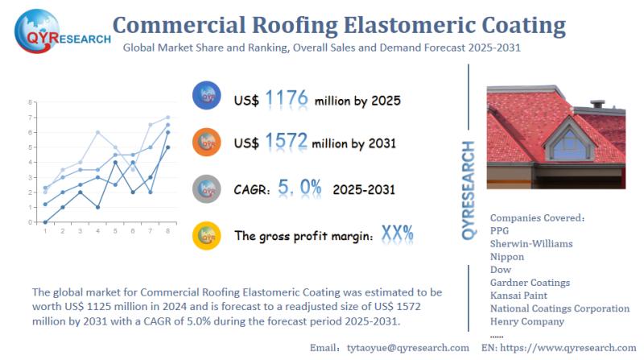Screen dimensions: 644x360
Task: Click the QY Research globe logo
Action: [x=37, y=31]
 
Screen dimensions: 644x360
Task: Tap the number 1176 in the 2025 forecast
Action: [x=287, y=98]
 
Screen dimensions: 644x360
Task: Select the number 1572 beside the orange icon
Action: [x=286, y=141]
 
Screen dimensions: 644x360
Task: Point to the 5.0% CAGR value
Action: [x=299, y=188]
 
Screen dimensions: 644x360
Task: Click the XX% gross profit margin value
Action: [x=397, y=234]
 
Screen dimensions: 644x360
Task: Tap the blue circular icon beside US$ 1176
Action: [x=207, y=95]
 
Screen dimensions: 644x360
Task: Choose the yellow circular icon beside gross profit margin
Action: [x=207, y=236]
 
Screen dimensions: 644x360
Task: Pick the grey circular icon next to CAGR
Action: [x=207, y=189]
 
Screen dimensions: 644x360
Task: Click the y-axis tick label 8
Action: [x=30, y=102]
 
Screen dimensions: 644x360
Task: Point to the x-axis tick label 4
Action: [x=97, y=231]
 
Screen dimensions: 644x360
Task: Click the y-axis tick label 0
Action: [x=30, y=222]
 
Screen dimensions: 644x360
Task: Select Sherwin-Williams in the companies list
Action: [x=531, y=244]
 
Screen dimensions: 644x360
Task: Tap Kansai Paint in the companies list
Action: [x=518, y=296]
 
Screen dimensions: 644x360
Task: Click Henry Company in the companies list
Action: [x=527, y=321]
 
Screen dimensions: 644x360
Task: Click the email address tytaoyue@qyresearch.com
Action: [x=408, y=348]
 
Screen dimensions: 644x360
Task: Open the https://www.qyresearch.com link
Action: [x=568, y=348]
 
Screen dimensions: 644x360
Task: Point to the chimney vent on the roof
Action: [x=597, y=104]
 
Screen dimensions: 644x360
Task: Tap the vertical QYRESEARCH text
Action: [x=469, y=190]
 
